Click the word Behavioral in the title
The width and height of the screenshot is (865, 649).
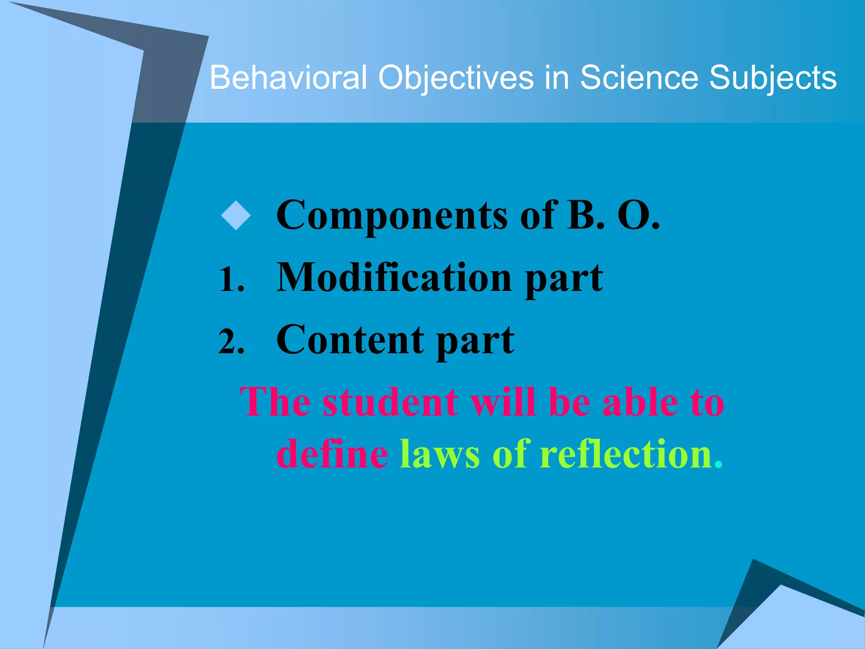click(x=288, y=78)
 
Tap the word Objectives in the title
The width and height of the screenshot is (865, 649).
click(x=456, y=79)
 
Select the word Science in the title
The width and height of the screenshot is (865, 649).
click(x=639, y=78)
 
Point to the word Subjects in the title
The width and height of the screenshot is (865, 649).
click(x=773, y=79)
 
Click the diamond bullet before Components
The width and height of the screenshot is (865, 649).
click(x=236, y=215)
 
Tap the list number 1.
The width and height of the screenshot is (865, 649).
click(x=231, y=280)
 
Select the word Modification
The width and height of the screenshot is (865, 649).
click(x=394, y=277)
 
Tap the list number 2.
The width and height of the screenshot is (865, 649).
click(x=231, y=342)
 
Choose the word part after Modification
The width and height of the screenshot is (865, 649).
click(x=564, y=279)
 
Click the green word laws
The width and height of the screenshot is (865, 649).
click(x=440, y=455)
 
